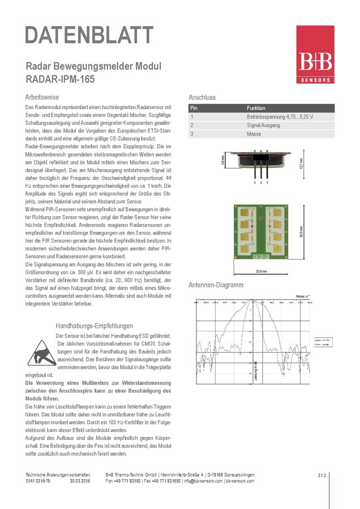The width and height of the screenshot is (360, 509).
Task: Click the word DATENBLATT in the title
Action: coord(89,35)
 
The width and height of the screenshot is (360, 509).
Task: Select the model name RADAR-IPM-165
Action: coord(60,79)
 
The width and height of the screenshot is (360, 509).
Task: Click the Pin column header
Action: coord(194,107)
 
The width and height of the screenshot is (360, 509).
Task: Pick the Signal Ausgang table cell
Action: coord(263,126)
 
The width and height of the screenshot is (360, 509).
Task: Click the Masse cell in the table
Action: coord(254,135)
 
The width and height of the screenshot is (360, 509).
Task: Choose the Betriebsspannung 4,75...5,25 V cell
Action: coord(280,117)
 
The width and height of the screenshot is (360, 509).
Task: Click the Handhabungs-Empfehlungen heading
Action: coord(95,326)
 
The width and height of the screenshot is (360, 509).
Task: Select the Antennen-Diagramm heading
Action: coord(216,285)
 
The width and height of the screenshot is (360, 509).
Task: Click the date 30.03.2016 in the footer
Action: coord(80,481)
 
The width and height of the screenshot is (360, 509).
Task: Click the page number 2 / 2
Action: coord(322,475)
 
